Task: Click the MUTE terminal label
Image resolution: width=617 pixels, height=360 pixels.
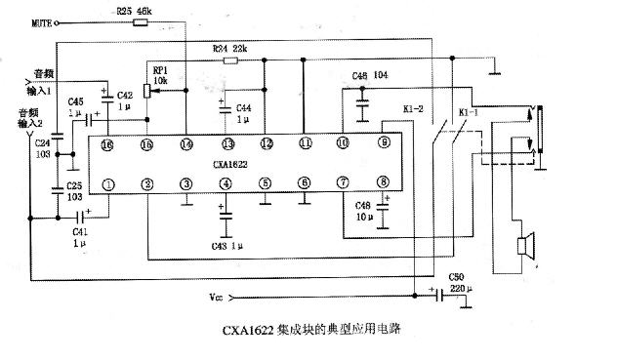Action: point(43,20)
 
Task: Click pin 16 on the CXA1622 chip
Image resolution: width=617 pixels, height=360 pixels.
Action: point(107,144)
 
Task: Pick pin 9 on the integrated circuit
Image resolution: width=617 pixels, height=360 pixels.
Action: point(383,143)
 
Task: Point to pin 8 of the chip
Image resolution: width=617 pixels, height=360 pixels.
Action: point(383,182)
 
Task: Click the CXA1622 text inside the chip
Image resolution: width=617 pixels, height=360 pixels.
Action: point(245,163)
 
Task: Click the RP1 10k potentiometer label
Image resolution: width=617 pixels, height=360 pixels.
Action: point(160,74)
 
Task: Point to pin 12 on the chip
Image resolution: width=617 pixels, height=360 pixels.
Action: point(266,143)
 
